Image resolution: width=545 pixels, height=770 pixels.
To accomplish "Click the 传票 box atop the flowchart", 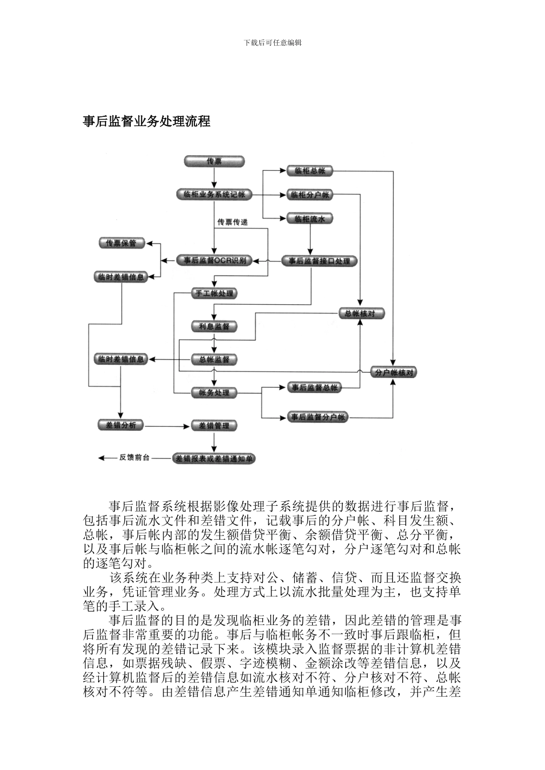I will [214, 162].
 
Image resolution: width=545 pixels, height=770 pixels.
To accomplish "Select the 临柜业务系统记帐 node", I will [213, 195].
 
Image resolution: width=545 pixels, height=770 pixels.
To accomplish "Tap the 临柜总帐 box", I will [310, 171].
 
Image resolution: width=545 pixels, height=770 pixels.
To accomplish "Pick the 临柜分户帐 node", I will [310, 195].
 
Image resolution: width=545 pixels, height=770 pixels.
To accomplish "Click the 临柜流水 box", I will [310, 219].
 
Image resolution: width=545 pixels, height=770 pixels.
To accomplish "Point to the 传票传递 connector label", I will [232, 222].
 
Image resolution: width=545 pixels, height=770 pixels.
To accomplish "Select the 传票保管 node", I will [122, 243].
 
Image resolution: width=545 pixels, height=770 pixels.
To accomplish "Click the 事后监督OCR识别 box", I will [214, 260].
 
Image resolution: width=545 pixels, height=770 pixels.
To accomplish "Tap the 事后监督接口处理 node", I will [319, 261].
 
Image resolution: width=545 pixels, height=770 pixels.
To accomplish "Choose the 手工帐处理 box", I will [214, 293].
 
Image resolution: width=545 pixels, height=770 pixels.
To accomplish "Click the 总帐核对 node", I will [361, 313].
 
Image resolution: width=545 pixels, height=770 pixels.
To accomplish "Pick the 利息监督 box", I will [214, 327].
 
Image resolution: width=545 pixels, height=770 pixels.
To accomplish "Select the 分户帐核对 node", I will [394, 372].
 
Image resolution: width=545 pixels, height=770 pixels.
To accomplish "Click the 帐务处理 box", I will [214, 393].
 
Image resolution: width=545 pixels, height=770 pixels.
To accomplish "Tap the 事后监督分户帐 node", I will [318, 417].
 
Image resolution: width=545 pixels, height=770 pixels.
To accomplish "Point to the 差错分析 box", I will [121, 425].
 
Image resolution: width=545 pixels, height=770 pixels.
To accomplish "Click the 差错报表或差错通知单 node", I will [214, 459].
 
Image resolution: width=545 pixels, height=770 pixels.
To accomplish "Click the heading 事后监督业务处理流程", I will [147, 121].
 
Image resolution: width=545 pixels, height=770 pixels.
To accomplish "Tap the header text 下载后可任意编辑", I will [272, 42].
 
